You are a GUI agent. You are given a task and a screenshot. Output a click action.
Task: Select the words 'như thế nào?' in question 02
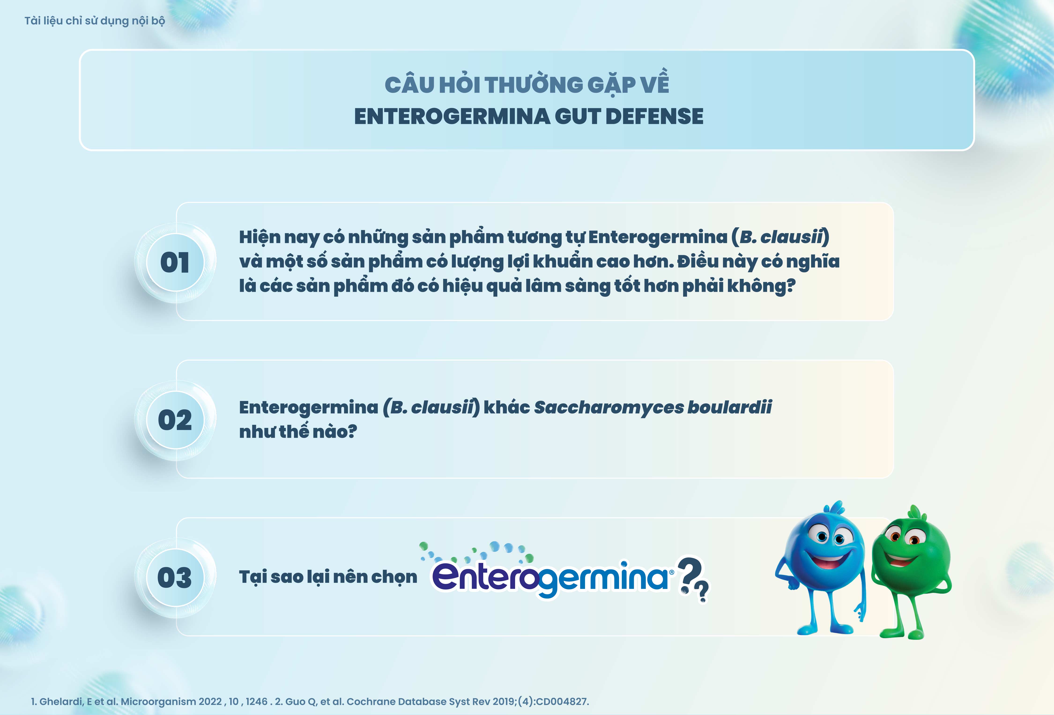pos(298,431)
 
